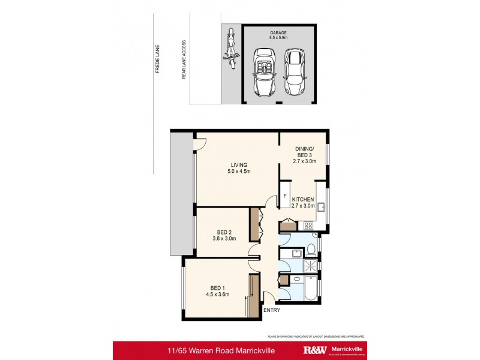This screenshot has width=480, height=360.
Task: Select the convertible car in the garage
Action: click(265, 72)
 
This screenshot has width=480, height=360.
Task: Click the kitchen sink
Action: click(322, 208)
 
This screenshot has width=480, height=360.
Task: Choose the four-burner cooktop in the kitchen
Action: click(309, 226)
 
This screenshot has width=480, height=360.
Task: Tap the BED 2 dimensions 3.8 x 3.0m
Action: click(224, 238)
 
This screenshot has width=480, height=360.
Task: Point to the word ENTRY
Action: click(271, 310)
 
